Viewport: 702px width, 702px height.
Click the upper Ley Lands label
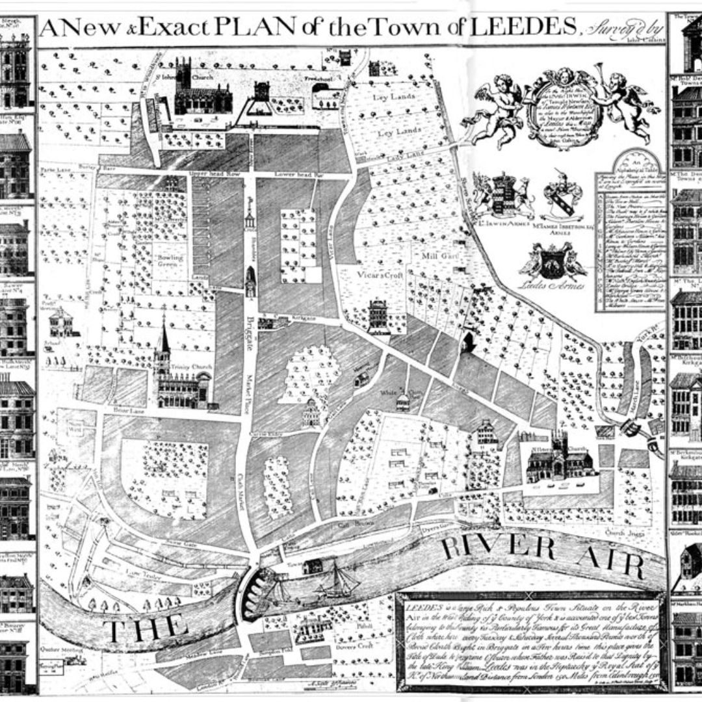[389, 97]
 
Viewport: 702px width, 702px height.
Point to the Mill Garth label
[437, 256]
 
